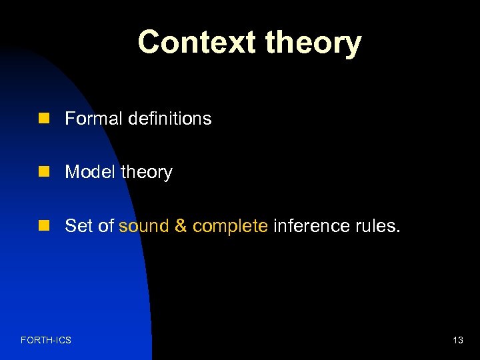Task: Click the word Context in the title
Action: click(x=197, y=43)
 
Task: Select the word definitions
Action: click(x=169, y=119)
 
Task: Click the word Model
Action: click(x=90, y=172)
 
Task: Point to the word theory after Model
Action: click(x=146, y=173)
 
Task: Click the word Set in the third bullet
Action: click(x=79, y=226)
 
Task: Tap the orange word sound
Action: click(x=144, y=226)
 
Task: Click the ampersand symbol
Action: click(x=181, y=226)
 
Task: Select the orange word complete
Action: click(x=230, y=227)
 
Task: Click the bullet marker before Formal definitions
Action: click(x=44, y=119)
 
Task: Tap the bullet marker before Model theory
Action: click(x=44, y=172)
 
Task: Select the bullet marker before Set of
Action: click(x=44, y=226)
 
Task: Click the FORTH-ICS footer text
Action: click(x=46, y=341)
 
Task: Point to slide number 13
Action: click(x=458, y=341)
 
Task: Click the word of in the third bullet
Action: click(x=106, y=226)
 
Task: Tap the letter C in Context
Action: click(x=150, y=43)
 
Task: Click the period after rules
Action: click(x=398, y=231)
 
